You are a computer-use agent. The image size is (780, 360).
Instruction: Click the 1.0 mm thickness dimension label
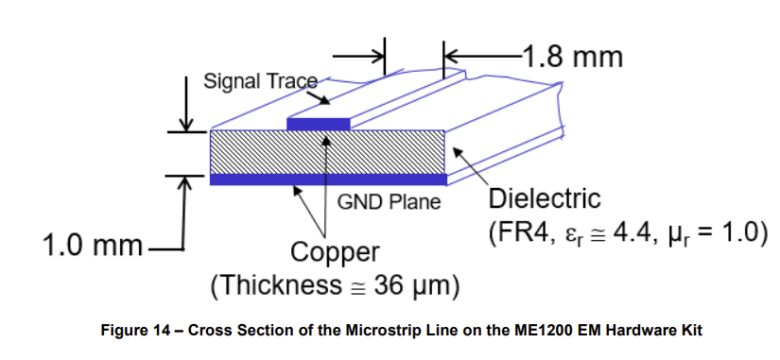click(91, 248)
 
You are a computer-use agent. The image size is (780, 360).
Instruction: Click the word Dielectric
click(544, 199)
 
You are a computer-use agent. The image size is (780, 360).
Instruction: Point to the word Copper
click(335, 253)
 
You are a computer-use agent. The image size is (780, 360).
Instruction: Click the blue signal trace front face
click(318, 124)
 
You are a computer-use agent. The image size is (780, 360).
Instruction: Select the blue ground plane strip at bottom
click(327, 179)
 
